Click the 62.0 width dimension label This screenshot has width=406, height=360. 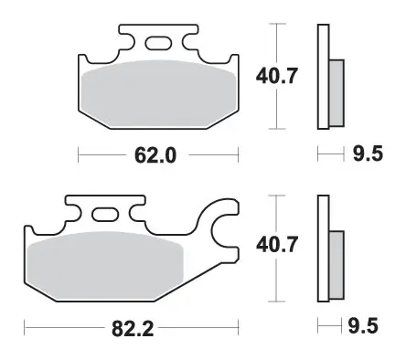(x=155, y=155)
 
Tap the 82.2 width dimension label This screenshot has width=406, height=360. (x=133, y=329)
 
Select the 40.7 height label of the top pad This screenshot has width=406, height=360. (x=276, y=76)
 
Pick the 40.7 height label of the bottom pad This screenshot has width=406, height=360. (x=276, y=244)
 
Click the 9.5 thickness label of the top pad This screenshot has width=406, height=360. (x=368, y=154)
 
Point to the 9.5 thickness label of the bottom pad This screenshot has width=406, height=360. (x=363, y=326)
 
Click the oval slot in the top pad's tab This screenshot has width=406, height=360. (x=158, y=43)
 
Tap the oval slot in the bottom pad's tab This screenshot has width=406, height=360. (x=105, y=214)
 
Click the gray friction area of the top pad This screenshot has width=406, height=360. (x=158, y=94)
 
